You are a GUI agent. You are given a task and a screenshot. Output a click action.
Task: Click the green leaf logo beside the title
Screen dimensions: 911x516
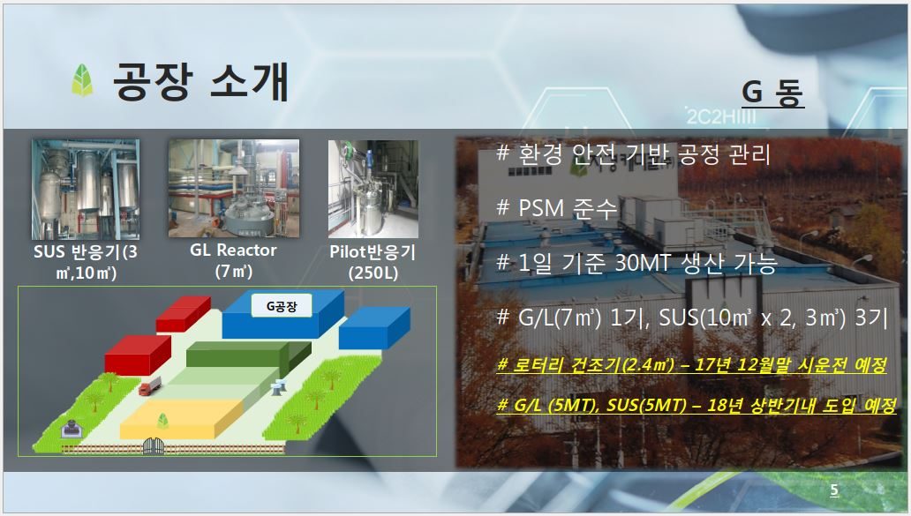(x=82, y=79)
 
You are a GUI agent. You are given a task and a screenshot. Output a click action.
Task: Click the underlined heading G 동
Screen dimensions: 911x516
(x=772, y=92)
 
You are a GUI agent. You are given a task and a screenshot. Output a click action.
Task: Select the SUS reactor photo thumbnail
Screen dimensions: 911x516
(x=86, y=190)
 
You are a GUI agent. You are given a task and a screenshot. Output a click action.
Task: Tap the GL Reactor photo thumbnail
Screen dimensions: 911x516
(x=234, y=188)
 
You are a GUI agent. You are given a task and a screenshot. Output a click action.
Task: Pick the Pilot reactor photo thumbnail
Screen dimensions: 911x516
(x=373, y=189)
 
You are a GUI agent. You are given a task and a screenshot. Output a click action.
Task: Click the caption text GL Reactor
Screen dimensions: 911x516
(x=233, y=251)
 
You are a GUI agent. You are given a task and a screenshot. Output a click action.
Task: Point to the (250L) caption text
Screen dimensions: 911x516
(x=373, y=273)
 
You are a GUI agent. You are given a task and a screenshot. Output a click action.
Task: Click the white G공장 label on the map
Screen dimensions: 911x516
(x=282, y=306)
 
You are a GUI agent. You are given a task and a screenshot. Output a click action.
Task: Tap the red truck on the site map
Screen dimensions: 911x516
(x=149, y=385)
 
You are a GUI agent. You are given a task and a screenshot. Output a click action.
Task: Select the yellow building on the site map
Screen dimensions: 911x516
(x=182, y=419)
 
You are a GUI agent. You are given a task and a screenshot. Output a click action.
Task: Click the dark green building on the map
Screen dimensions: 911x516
(x=248, y=355)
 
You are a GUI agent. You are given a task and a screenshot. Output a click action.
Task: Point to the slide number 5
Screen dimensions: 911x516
(x=834, y=490)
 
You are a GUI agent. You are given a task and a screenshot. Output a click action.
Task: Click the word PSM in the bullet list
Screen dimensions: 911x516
(x=541, y=208)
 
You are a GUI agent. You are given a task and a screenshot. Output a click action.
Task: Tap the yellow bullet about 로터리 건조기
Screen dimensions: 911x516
(x=691, y=365)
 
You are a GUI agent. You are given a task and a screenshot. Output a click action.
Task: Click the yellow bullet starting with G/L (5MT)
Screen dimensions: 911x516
(x=696, y=405)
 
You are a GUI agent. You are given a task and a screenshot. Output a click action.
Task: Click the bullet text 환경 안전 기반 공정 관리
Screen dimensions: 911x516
(x=644, y=153)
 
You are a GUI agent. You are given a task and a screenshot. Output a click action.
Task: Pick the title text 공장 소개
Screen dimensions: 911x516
(x=200, y=80)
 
